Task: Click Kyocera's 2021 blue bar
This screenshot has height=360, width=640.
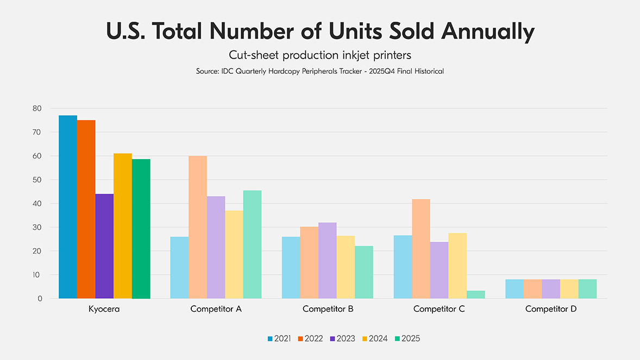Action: (x=68, y=207)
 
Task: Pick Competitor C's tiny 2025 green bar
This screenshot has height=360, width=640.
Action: (x=476, y=294)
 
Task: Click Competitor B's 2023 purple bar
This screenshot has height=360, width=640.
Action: (x=328, y=261)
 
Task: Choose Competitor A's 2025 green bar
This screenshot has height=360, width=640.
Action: (x=253, y=244)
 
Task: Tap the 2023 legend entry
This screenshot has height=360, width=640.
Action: (x=343, y=338)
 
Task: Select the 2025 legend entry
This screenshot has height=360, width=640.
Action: (x=407, y=338)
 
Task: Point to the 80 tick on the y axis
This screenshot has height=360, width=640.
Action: (x=37, y=109)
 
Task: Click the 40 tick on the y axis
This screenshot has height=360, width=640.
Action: (x=37, y=204)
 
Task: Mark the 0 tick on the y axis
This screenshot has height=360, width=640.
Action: (x=40, y=299)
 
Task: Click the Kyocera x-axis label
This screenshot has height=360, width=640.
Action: (x=104, y=310)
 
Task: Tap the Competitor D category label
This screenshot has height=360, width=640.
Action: (x=551, y=310)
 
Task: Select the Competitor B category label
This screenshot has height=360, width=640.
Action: (x=328, y=310)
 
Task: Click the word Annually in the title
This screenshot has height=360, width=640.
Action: (x=487, y=32)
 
